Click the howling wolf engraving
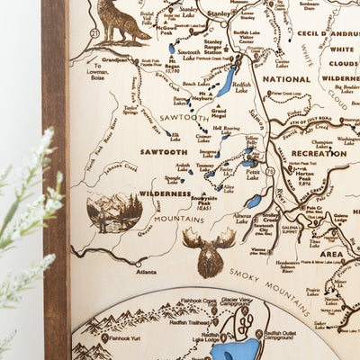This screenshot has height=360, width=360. [x=119, y=23]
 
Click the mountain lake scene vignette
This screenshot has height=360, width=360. [x=114, y=212]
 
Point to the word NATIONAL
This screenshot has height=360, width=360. [x=286, y=78]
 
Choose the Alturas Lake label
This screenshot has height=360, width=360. [x=242, y=218]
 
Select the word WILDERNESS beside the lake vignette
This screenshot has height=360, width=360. [x=166, y=193]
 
